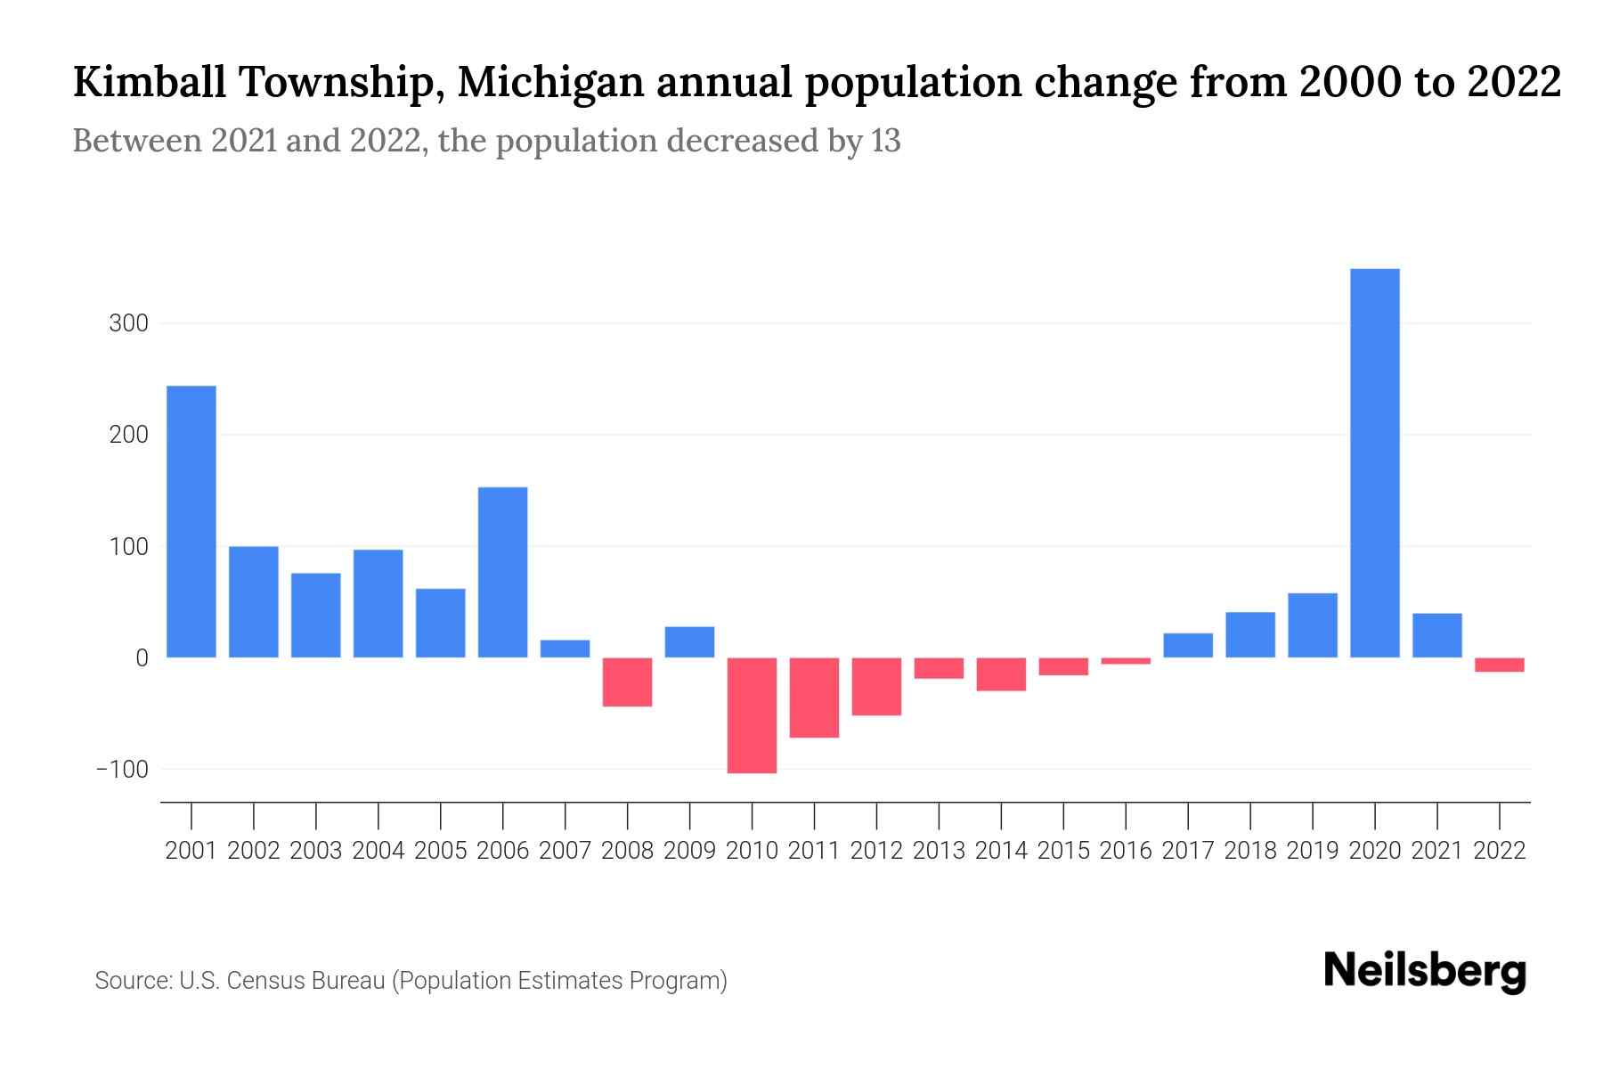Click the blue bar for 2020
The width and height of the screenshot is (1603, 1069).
(1374, 463)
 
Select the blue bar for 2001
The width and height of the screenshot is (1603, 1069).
(191, 521)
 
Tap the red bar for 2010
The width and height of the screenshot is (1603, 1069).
(752, 715)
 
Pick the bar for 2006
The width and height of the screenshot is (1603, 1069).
(502, 572)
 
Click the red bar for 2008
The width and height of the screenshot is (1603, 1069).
(627, 682)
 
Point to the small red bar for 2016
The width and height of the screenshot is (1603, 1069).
(1126, 661)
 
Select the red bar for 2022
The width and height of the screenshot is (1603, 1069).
(1499, 665)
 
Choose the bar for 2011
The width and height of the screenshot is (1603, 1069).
(814, 698)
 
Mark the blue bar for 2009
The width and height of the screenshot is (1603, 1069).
(689, 642)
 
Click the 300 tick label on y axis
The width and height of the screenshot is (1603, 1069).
(128, 323)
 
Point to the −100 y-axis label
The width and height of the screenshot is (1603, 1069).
(122, 769)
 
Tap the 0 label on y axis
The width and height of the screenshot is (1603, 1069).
(142, 658)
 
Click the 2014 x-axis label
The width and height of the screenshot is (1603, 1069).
(1001, 851)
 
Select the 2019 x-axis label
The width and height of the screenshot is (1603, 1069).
(1312, 851)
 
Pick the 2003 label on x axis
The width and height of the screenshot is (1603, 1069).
(316, 851)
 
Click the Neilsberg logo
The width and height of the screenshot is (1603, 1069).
(1425, 972)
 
